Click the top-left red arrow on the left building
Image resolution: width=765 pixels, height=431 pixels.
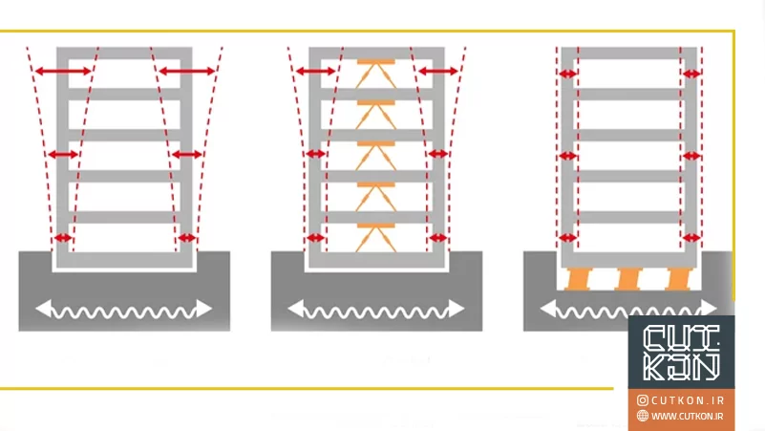pos(65,71)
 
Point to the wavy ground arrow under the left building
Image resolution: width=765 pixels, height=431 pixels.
pos(124,309)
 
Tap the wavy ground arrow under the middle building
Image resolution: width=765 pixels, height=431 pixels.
pos(376,309)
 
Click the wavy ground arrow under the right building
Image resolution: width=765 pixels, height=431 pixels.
pos(628,309)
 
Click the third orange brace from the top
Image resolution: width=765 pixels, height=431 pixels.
pos(376,155)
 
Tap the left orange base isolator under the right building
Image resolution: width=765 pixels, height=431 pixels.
pos(579,279)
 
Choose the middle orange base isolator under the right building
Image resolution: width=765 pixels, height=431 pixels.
pos(628,279)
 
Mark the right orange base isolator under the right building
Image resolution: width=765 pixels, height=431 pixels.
pos(678,279)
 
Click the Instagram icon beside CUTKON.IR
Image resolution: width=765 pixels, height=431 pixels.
pos(643,400)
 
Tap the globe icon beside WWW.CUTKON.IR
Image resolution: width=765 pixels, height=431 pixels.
pos(643,416)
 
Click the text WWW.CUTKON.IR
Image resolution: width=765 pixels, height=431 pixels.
pos(688,416)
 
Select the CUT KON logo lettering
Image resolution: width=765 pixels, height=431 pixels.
pos(682,354)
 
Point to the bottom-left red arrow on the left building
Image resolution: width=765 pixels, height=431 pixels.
pos(63,237)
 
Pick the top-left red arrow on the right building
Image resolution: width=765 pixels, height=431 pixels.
pos(568,73)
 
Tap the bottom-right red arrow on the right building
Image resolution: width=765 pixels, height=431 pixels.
pos(691,237)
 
